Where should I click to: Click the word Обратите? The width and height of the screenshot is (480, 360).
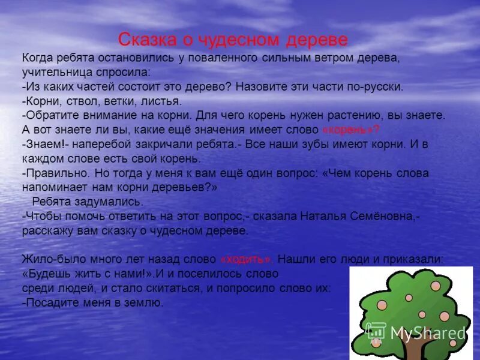(x=52, y=115)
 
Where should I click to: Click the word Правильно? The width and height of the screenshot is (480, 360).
(x=56, y=173)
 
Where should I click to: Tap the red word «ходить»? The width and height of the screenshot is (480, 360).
(x=247, y=260)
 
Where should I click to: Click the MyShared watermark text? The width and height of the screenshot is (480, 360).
(x=427, y=334)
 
